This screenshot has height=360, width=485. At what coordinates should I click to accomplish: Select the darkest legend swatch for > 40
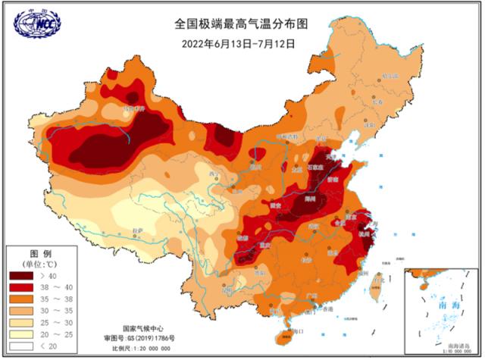coord(22,276)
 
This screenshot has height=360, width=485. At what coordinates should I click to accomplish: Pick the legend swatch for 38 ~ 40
coord(22,288)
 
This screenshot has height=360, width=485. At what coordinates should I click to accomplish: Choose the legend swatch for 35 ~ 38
coord(22,300)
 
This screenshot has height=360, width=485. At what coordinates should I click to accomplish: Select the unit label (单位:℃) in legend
coord(40,263)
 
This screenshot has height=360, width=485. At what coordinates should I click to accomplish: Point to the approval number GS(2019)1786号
coord(140,338)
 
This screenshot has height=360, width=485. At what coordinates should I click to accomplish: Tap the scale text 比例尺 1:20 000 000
coord(140,348)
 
